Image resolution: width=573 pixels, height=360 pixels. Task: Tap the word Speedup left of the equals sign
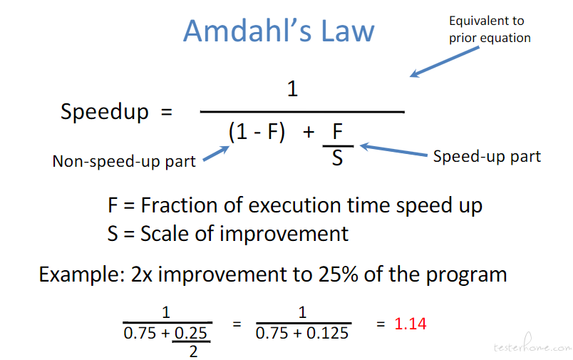(x=105, y=112)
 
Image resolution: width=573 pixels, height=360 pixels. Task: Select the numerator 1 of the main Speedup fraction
(x=292, y=89)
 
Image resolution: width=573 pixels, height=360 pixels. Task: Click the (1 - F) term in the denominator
(x=257, y=132)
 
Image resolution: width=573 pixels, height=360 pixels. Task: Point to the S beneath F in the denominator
(x=337, y=158)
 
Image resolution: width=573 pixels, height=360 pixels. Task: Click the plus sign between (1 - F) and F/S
(x=309, y=132)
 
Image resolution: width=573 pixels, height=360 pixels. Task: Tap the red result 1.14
(x=411, y=324)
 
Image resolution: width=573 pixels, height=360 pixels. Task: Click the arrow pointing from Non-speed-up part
(x=217, y=153)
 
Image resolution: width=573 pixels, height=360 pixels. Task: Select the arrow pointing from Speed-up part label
(x=393, y=150)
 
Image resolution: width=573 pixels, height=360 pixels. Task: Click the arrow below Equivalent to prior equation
(x=444, y=62)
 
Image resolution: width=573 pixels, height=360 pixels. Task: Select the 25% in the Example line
(x=339, y=274)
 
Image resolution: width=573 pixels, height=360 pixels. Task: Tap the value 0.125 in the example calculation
(x=327, y=334)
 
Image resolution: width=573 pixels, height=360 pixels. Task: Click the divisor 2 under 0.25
(x=193, y=351)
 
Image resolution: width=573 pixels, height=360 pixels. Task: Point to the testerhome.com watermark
(x=533, y=344)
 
